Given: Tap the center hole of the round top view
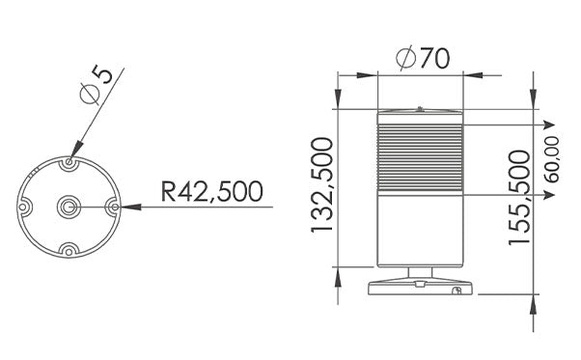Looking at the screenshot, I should tap(69, 206).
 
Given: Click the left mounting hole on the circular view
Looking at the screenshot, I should tap(26, 207).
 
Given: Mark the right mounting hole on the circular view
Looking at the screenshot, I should tap(112, 206).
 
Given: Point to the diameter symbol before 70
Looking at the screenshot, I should tap(407, 59).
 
